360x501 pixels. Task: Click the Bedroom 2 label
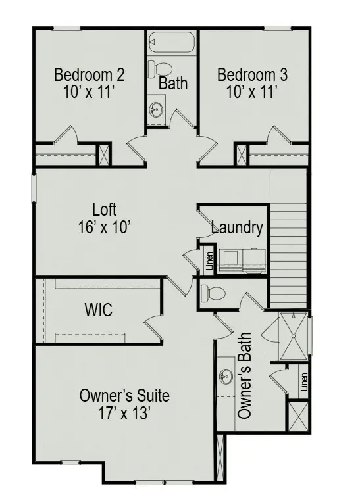pyautogui.click(x=90, y=74)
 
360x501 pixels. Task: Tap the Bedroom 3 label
pyautogui.click(x=252, y=74)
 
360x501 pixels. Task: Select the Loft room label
pyautogui.click(x=105, y=210)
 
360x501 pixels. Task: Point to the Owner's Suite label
pyautogui.click(x=124, y=396)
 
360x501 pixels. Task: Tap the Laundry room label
pyautogui.click(x=237, y=228)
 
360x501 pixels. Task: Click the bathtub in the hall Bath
pyautogui.click(x=172, y=43)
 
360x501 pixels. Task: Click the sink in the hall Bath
pyautogui.click(x=156, y=108)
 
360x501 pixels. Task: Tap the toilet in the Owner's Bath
pyautogui.click(x=213, y=293)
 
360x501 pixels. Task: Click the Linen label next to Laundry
pyautogui.click(x=209, y=261)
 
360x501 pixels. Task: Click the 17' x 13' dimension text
pyautogui.click(x=124, y=414)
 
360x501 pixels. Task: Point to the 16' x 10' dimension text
pyautogui.click(x=105, y=227)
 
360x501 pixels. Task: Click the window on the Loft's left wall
pyautogui.click(x=33, y=186)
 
